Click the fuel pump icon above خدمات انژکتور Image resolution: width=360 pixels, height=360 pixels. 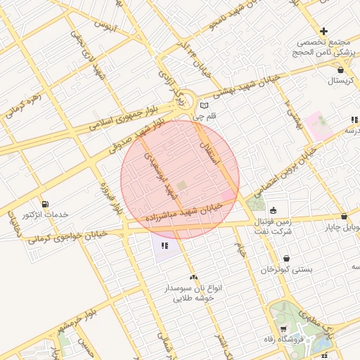click(45, 203)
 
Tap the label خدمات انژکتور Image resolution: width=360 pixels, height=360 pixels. click(44, 214)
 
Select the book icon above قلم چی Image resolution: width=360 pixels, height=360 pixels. click(204, 105)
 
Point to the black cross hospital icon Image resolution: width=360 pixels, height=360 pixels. click(323, 31)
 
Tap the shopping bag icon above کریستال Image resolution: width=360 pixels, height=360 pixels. click(341, 70)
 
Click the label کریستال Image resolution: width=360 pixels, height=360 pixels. click(341, 81)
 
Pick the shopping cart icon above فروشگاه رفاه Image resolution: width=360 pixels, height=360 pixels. click(283, 328)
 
